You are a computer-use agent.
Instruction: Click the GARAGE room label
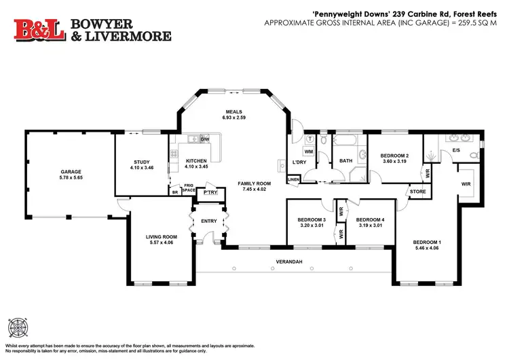[x=70, y=172]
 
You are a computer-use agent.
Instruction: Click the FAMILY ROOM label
[x=254, y=183]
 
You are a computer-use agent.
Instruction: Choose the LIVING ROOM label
[x=161, y=237]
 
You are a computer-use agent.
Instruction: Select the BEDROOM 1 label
[x=428, y=242]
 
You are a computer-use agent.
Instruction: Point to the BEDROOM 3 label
[x=312, y=219]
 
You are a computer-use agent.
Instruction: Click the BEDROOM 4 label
[x=370, y=219]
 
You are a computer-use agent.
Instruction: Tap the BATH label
[x=345, y=161]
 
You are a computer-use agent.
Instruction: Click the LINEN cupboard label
[x=293, y=180]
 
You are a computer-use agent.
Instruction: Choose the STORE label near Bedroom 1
[x=417, y=193]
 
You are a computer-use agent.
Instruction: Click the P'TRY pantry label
[x=210, y=193]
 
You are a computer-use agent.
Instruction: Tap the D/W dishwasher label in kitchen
[x=205, y=139]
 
